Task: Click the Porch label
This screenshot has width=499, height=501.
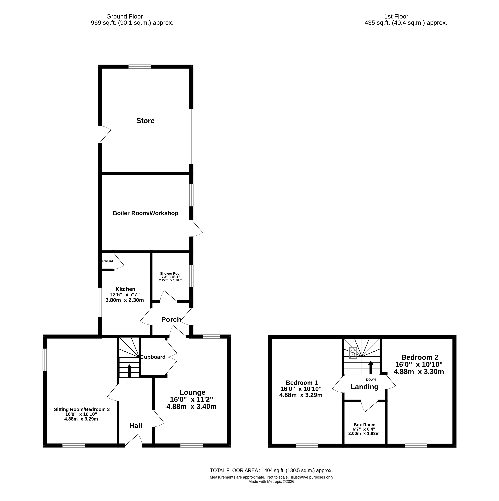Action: [x=171, y=319]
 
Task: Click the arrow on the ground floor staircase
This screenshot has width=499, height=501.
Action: [x=129, y=371]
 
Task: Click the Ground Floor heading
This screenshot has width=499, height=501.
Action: [x=125, y=17]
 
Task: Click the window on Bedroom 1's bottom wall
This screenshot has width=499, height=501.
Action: [x=307, y=446]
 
